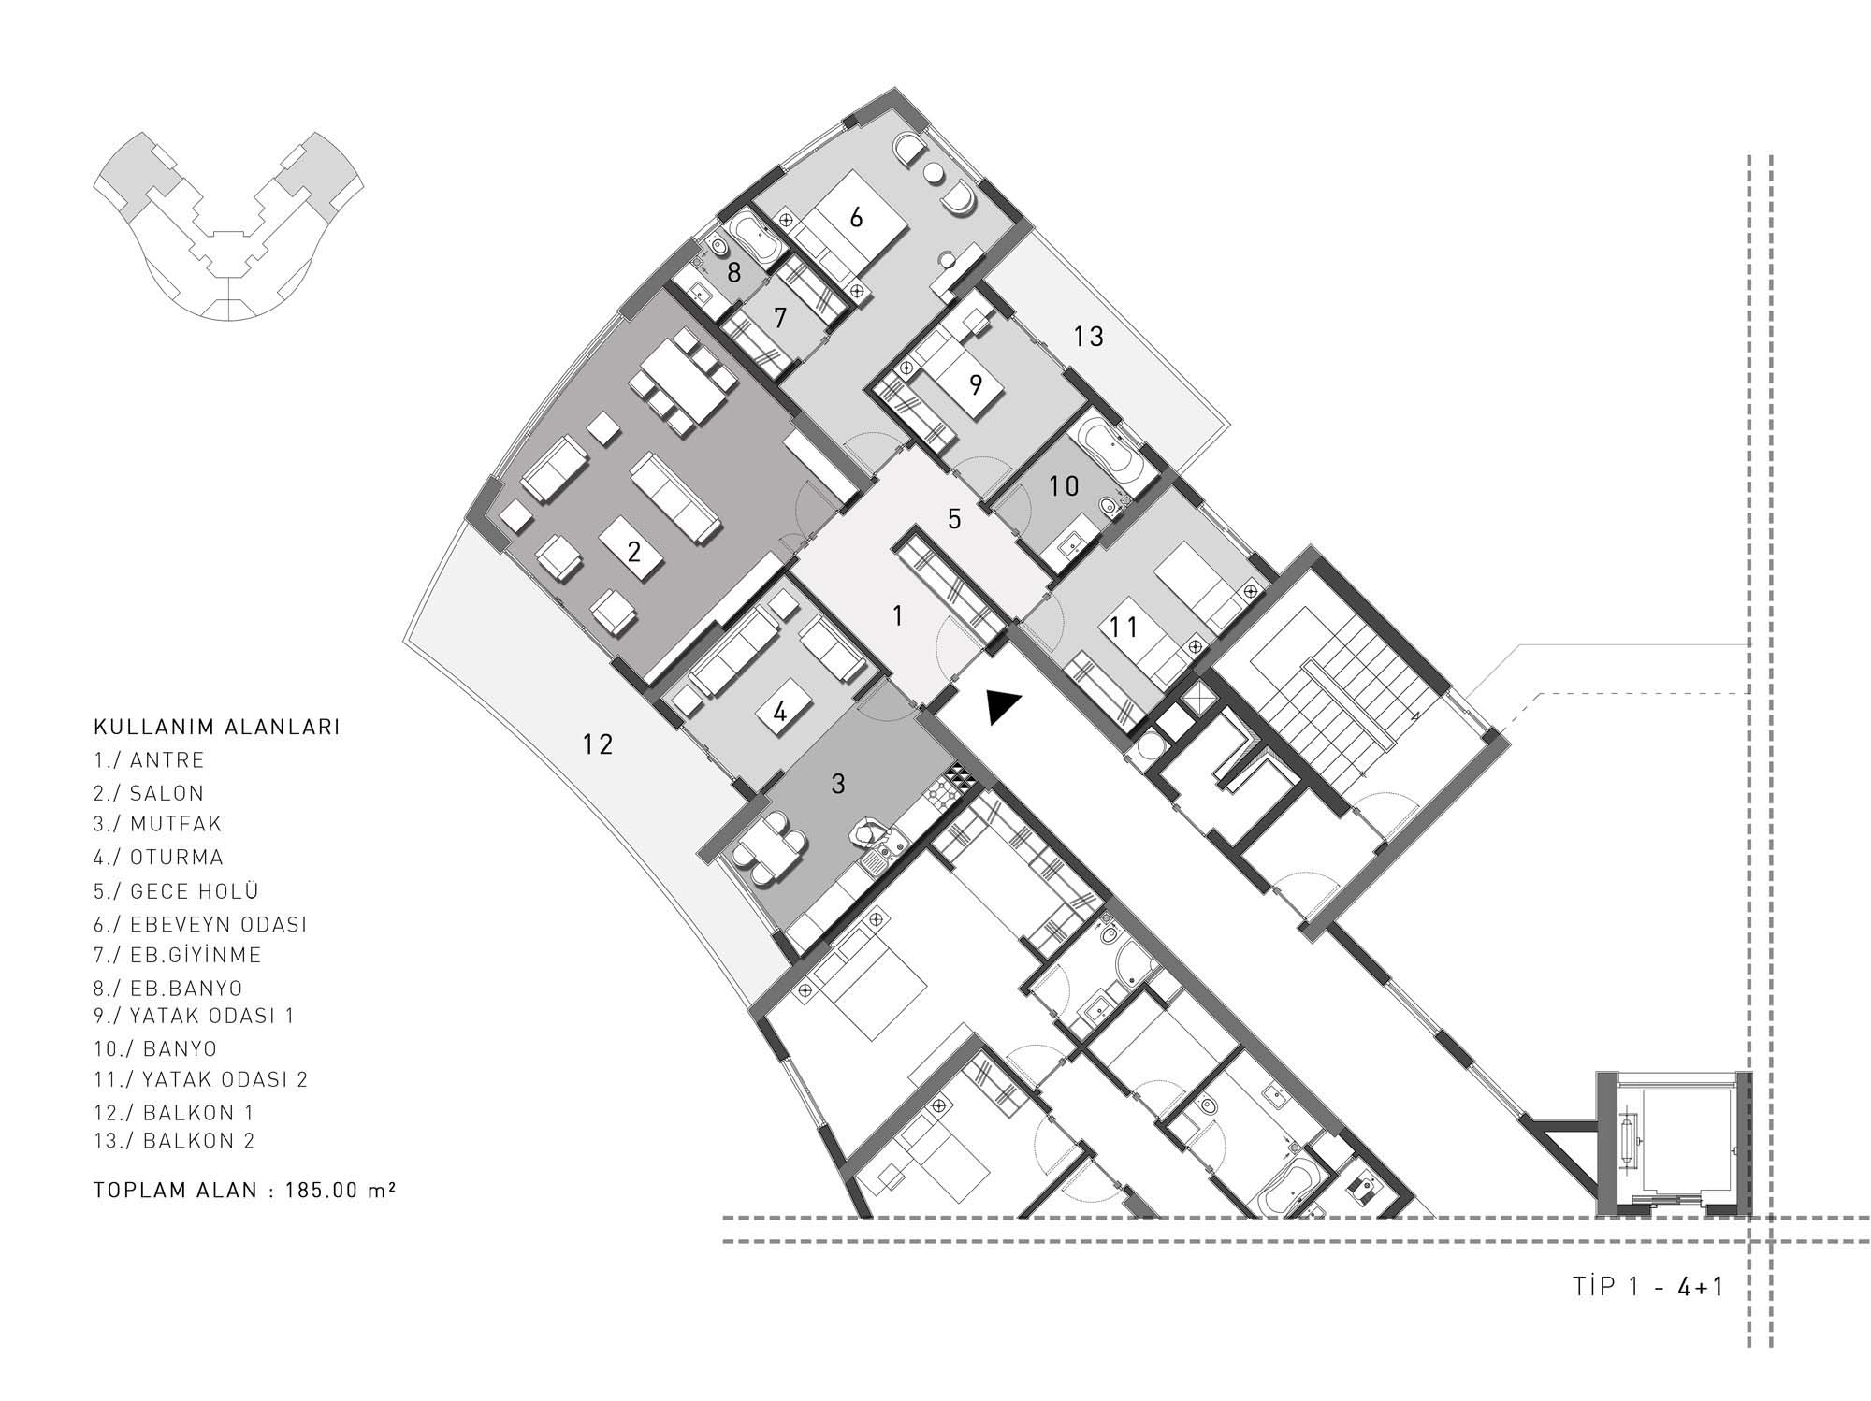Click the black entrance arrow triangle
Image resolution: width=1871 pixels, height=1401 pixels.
tap(1003, 706)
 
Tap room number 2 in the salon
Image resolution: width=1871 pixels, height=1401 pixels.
tap(634, 552)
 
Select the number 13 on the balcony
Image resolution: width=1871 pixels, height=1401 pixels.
tap(1088, 337)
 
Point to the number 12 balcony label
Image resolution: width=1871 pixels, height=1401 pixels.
tap(598, 744)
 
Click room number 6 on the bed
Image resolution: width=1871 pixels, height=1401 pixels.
tap(855, 218)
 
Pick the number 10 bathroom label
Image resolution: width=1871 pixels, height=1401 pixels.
tap(1064, 485)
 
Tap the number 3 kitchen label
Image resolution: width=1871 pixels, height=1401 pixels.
tap(838, 784)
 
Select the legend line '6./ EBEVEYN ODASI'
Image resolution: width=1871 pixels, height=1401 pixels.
tap(200, 924)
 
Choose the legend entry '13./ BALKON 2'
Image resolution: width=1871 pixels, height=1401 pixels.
tap(174, 1140)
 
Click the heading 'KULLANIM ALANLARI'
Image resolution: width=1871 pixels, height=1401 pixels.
tap(216, 727)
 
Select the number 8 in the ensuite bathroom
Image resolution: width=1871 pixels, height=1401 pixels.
tap(733, 273)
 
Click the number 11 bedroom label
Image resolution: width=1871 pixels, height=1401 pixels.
tap(1124, 627)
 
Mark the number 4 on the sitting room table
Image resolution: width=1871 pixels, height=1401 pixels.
tap(780, 713)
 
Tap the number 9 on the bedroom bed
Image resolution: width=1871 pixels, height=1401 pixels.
tap(976, 384)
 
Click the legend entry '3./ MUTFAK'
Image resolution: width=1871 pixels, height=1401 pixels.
tap(157, 824)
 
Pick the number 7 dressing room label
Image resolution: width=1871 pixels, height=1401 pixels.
tap(780, 318)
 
